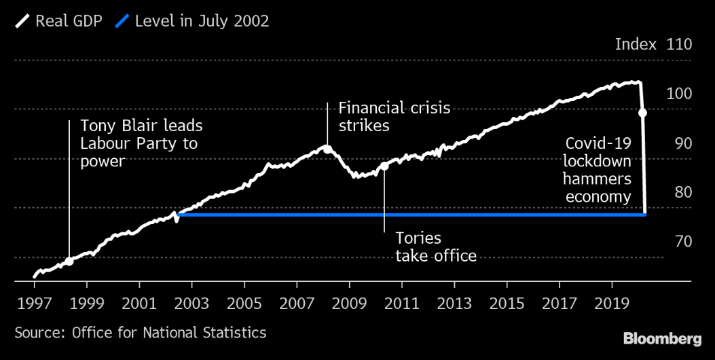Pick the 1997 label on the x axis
[x=34, y=302]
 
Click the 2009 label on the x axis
[x=349, y=302]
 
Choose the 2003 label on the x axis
[x=191, y=302]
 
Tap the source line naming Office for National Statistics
[x=141, y=333]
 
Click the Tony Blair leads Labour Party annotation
[x=141, y=143]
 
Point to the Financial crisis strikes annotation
[x=394, y=116]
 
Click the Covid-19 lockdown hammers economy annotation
[x=598, y=170]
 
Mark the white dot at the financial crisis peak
[x=327, y=149]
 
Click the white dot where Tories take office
[x=384, y=166]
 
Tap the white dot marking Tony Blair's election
[x=69, y=261]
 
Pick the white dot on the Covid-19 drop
[x=642, y=113]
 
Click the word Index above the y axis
[x=636, y=45]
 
